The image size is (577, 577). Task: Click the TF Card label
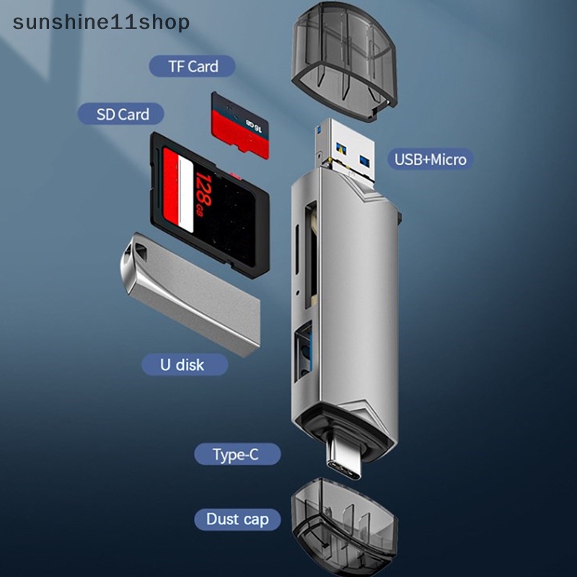192,66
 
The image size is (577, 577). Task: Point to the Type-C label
237,454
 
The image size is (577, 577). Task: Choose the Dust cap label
237,519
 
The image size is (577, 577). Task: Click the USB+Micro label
430,159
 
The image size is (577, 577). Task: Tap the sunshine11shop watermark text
101,22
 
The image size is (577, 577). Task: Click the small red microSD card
240,125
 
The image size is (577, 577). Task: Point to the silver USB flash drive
190,294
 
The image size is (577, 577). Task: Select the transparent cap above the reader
344,61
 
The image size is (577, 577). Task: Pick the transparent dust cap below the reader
344,527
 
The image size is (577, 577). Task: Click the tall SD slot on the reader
311,255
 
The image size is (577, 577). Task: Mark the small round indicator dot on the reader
297,293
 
